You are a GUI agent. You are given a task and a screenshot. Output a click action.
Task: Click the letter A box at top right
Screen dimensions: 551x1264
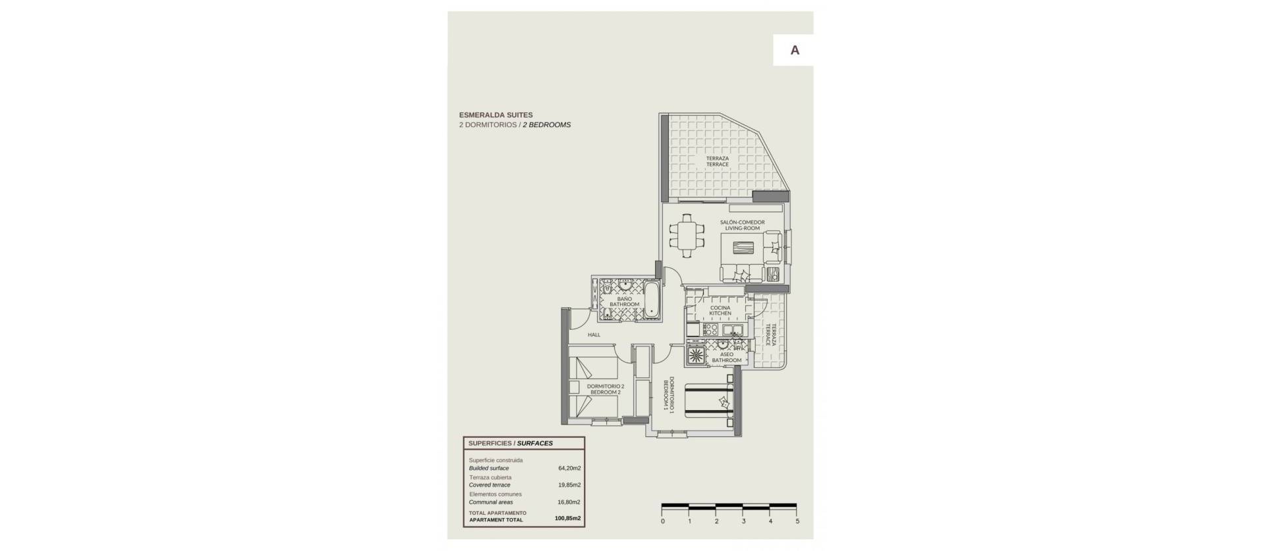tap(794, 50)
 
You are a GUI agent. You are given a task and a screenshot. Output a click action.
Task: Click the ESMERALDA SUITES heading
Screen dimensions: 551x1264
tap(496, 115)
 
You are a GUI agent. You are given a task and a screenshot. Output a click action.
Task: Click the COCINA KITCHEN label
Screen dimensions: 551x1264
tap(720, 311)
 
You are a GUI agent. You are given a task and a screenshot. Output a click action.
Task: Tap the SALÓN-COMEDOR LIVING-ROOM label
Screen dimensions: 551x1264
tap(742, 225)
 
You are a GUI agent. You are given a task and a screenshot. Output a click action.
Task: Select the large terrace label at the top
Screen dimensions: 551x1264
tap(718, 161)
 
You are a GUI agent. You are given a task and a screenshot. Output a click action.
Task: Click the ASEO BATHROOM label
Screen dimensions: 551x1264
tap(727, 357)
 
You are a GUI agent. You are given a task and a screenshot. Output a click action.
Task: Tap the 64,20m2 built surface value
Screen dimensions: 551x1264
tap(569, 469)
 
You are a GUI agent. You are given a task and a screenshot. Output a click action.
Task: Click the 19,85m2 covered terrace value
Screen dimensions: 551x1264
tap(569, 485)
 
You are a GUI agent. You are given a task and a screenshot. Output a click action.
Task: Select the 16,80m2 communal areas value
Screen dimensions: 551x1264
tap(569, 502)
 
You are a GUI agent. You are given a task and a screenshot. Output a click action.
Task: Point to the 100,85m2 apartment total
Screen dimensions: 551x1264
tap(567, 519)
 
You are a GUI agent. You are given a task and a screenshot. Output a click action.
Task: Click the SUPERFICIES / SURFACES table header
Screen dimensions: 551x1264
tap(511, 444)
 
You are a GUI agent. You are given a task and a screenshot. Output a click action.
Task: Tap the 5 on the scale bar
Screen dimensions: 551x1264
tap(797, 521)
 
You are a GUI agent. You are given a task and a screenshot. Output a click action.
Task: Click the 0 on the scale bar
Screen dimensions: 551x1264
tap(662, 521)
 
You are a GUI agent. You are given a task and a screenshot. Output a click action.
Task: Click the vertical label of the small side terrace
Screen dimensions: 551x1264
tap(770, 335)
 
